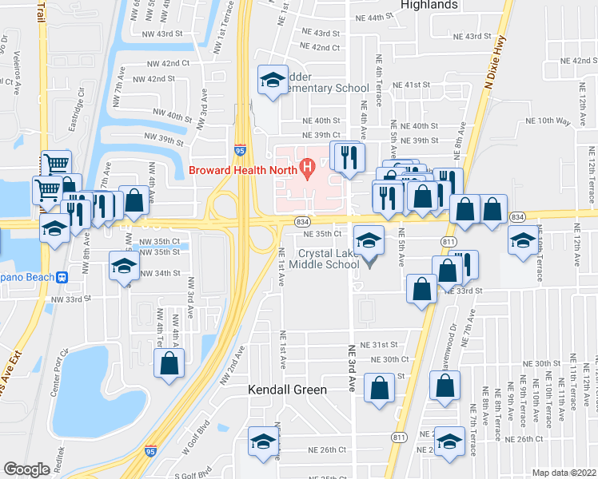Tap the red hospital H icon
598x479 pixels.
click(305, 168)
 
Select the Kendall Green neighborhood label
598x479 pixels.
click(287, 390)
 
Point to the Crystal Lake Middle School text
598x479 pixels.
click(329, 259)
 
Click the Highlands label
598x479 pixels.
click(429, 5)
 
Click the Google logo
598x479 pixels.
click(26, 469)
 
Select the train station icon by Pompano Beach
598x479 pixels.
click(62, 278)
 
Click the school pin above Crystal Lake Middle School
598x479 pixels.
click(369, 241)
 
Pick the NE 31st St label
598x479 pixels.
click(379, 344)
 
